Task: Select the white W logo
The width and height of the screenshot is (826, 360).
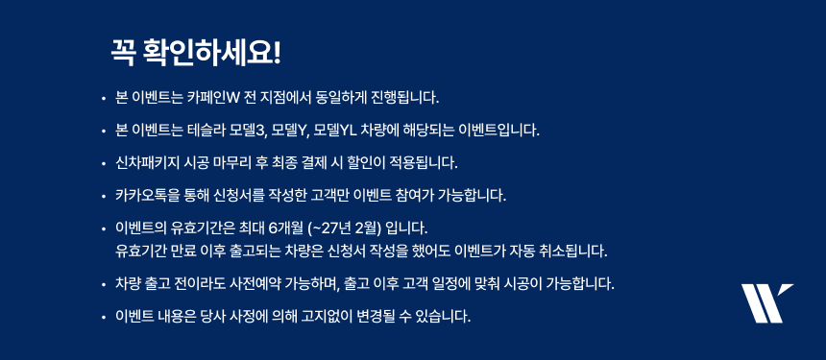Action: click(x=767, y=303)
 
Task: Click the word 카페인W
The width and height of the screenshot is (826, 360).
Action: click(x=213, y=98)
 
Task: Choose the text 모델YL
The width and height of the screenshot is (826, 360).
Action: click(x=336, y=130)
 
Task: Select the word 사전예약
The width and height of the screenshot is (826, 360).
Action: click(x=261, y=285)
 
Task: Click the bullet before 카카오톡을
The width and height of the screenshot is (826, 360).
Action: click(x=104, y=197)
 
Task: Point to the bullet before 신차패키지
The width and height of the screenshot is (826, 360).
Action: click(x=104, y=164)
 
